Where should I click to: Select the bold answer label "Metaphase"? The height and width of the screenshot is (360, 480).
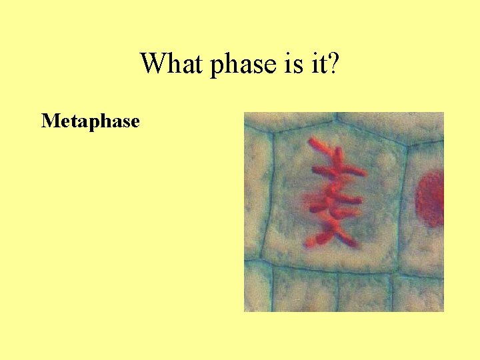(90, 121)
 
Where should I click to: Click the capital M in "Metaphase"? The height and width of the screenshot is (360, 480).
(48, 121)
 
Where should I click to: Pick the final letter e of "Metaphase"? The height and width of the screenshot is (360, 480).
(135, 123)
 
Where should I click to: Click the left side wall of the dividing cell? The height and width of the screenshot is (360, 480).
(267, 200)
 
